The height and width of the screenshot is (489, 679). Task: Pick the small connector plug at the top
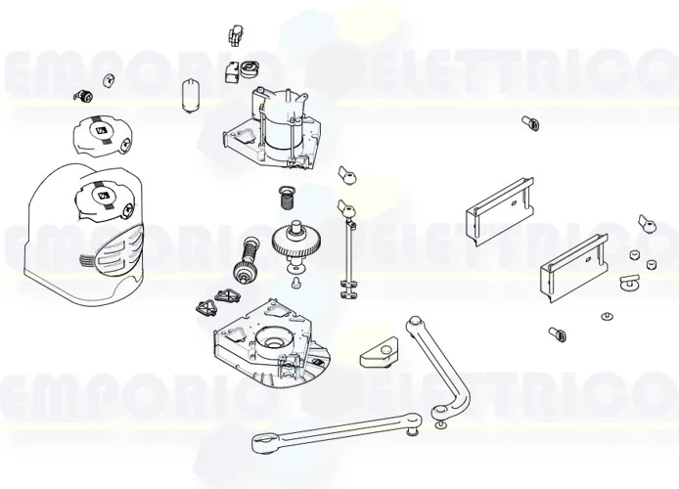click(x=236, y=33)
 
